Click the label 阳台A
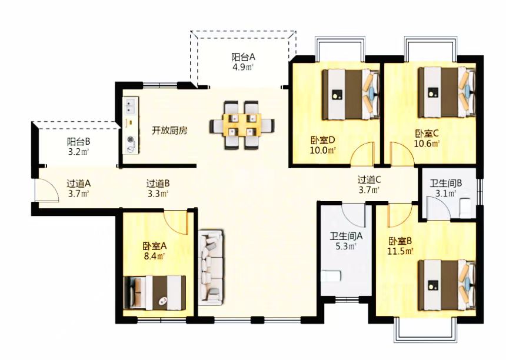[243, 57]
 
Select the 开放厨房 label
[169, 131]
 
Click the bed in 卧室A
[158, 292]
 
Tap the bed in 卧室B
[446, 284]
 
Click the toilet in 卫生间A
[332, 275]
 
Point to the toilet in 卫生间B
[464, 206]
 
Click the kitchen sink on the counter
[129, 106]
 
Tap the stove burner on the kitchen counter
[130, 142]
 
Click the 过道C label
[369, 180]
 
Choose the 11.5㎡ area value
[400, 251]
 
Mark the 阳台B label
[78, 142]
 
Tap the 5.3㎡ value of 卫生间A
[346, 246]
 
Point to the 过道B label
[158, 183]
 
